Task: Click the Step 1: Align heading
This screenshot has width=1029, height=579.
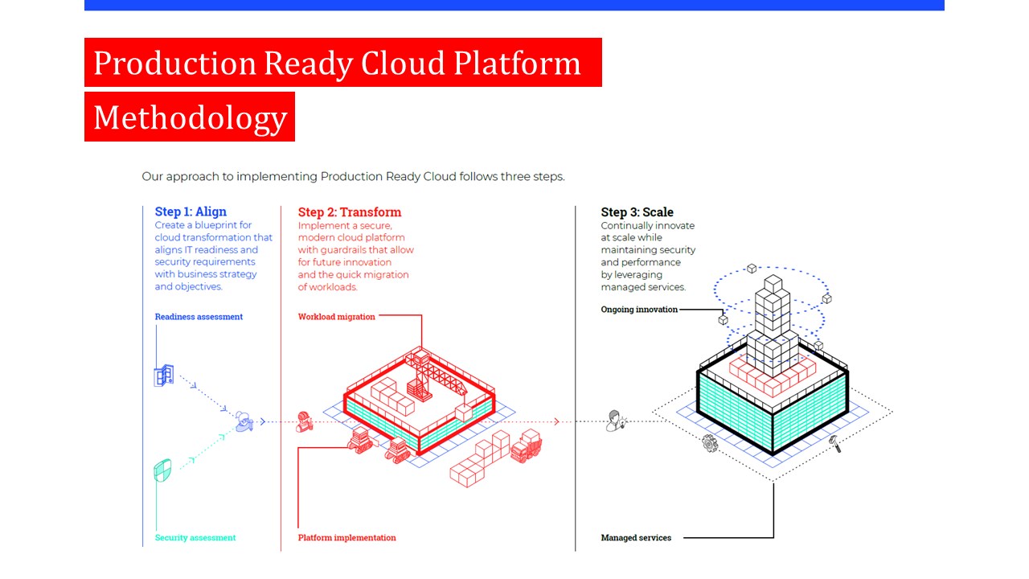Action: (191, 211)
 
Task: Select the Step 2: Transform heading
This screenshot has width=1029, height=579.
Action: (350, 211)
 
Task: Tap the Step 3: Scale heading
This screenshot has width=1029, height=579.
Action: (637, 211)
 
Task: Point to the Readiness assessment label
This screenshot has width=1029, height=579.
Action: (199, 317)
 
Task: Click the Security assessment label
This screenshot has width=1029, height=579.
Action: (195, 538)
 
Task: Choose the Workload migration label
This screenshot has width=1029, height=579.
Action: (336, 317)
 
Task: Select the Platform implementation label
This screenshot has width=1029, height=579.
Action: (346, 538)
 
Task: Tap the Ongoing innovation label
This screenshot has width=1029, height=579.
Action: (639, 310)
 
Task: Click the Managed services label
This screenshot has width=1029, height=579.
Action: (636, 538)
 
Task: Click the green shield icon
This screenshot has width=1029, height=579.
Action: (162, 470)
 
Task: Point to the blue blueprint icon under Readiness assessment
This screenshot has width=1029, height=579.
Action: (164, 376)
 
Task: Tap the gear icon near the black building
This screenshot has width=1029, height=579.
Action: (710, 443)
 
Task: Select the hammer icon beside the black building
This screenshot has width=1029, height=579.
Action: (835, 443)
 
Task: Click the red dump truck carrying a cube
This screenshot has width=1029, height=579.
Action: (526, 446)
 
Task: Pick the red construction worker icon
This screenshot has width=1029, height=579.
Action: (304, 422)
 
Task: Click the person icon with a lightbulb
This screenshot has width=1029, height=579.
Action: (616, 421)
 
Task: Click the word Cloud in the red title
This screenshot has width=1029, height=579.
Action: (403, 63)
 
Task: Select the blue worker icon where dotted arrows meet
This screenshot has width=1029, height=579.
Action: (244, 421)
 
